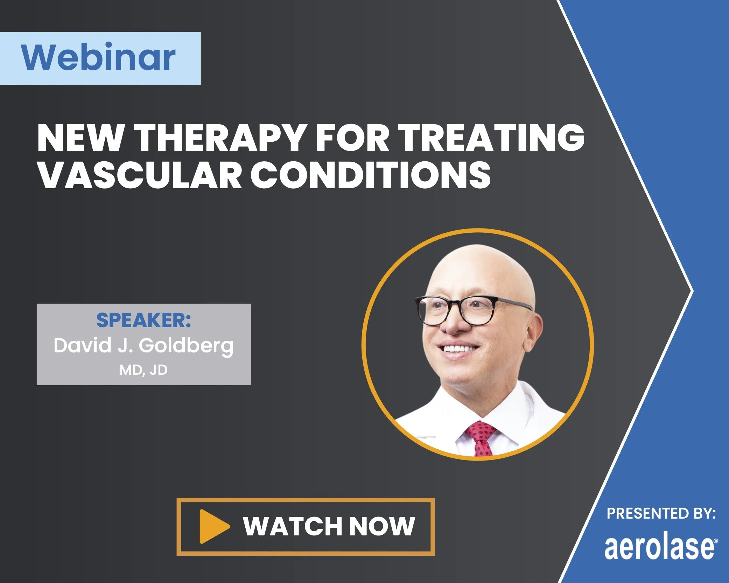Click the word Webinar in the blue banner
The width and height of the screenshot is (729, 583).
pos(98,57)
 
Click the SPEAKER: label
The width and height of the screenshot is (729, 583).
pos(143,320)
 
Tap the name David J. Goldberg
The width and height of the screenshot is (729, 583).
pos(143,346)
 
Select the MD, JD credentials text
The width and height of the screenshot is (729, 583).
pos(143,370)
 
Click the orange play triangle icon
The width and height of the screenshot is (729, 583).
pos(213,526)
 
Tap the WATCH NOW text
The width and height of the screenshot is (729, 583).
pos(329,526)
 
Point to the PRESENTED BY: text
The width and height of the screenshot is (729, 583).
pos(661,514)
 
